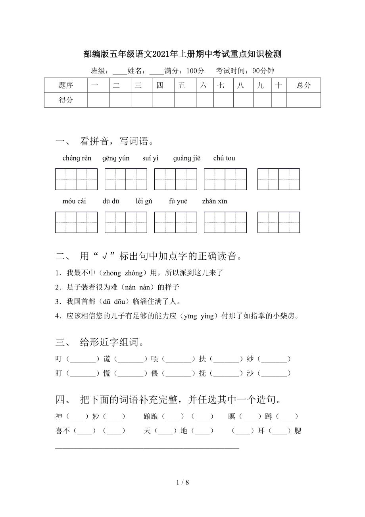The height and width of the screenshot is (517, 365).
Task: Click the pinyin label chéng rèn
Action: tap(77, 158)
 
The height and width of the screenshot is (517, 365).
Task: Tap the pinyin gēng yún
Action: tap(116, 158)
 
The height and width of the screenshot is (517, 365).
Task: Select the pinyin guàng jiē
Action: tap(187, 158)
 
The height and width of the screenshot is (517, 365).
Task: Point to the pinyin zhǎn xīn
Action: tap(215, 201)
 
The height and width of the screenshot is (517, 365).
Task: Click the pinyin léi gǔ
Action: tap(144, 201)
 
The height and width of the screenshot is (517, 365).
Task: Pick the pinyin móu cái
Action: tap(74, 201)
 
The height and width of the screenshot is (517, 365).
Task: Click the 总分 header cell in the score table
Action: tap(304, 85)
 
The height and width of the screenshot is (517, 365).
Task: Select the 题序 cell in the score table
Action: tap(66, 85)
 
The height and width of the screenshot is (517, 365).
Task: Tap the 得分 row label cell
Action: tap(66, 100)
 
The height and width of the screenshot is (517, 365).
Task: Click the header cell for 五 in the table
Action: tap(182, 85)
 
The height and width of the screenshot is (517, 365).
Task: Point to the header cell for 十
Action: tap(279, 85)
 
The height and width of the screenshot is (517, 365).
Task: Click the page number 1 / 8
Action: tap(182, 482)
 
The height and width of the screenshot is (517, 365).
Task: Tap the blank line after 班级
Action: tap(119, 71)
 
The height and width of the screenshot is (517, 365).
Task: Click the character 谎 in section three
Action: tap(107, 359)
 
